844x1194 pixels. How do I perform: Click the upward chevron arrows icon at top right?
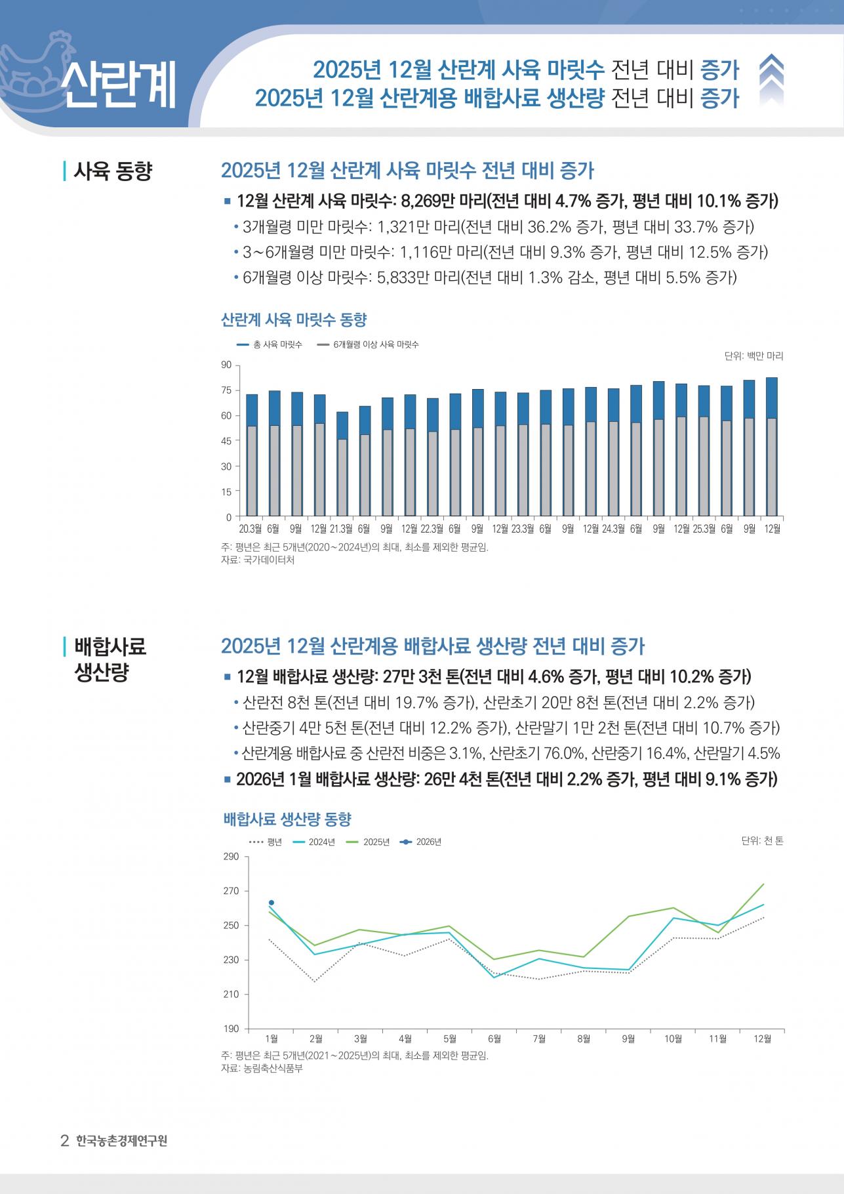tap(771, 79)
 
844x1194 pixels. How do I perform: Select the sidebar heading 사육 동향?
tap(112, 172)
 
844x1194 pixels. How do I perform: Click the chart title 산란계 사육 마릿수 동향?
tap(294, 320)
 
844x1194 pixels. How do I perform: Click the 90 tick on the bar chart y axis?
tap(226, 365)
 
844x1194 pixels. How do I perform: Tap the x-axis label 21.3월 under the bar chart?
tap(341, 529)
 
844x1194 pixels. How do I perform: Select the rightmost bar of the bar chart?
tap(771, 446)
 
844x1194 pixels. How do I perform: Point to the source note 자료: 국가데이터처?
tap(258, 560)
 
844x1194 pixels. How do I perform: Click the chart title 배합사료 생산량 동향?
tap(287, 819)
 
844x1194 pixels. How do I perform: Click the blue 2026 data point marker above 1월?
tap(271, 903)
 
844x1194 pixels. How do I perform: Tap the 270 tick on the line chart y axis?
tap(231, 891)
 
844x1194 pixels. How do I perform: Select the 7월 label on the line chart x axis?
tap(539, 1039)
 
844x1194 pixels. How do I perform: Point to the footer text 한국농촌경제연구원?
tap(121, 1141)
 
